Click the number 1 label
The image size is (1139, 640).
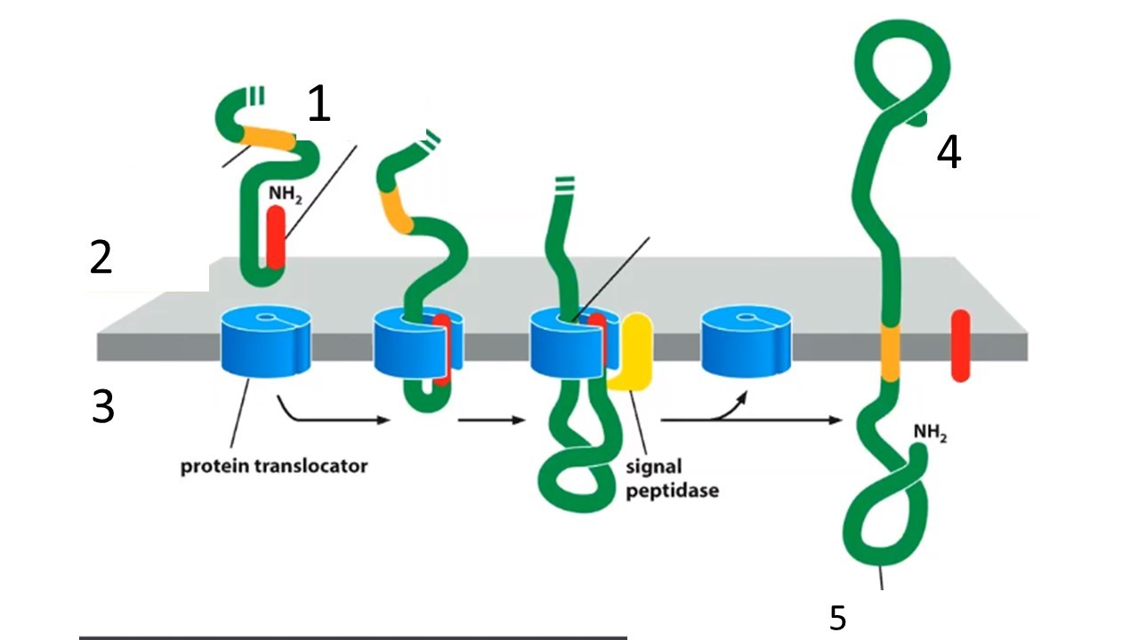click(x=319, y=104)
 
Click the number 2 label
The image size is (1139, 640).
click(x=101, y=258)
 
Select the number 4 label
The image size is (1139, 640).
click(x=949, y=152)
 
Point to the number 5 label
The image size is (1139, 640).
click(x=838, y=618)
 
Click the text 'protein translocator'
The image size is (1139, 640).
click(x=274, y=467)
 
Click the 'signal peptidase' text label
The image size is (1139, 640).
click(x=672, y=478)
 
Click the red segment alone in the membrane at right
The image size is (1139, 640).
click(x=960, y=346)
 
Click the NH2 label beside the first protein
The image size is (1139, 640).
click(x=285, y=194)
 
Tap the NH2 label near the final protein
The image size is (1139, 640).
click(x=930, y=433)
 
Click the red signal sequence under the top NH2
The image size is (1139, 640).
click(x=276, y=237)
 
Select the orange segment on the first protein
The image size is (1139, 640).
click(x=269, y=138)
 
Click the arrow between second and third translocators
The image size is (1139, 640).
click(x=491, y=420)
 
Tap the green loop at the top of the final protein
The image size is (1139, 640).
click(x=902, y=68)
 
